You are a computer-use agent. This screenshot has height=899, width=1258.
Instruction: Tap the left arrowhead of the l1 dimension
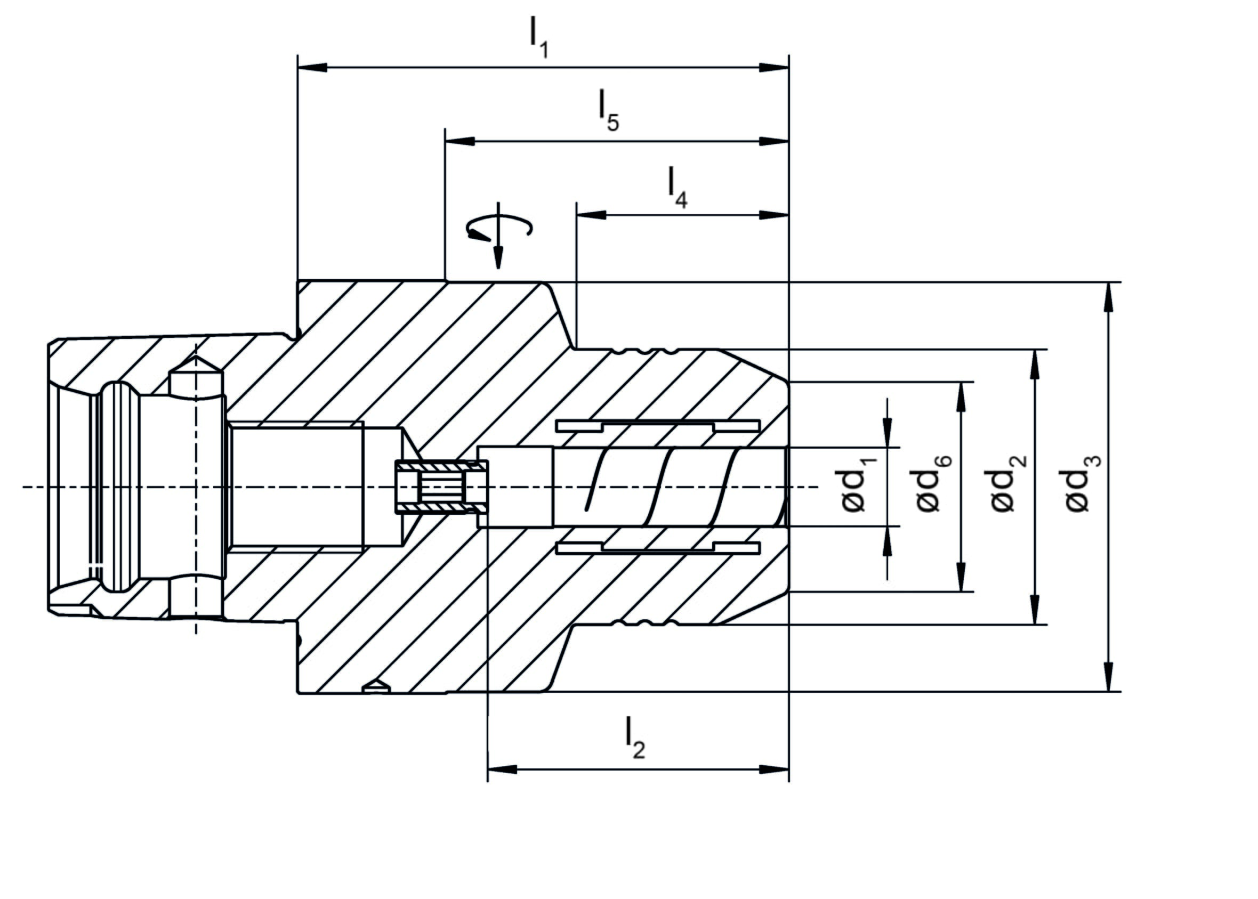click(311, 68)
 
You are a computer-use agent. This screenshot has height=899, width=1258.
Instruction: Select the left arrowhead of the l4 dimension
click(590, 215)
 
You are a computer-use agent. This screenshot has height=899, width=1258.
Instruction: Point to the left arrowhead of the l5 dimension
click(459, 141)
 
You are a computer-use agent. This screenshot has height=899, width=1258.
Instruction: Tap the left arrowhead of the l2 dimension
click(501, 770)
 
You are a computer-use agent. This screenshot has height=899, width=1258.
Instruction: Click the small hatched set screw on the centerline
click(441, 487)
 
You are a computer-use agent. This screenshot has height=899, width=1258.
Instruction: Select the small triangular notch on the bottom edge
click(377, 686)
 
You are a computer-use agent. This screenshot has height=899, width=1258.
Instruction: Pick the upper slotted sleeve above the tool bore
click(657, 426)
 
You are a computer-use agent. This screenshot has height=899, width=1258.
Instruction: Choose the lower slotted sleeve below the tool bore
click(657, 547)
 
